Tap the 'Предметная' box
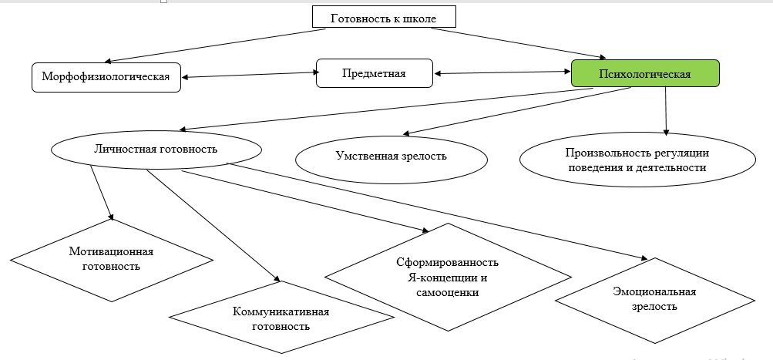point(373,74)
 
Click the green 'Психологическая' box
point(644,74)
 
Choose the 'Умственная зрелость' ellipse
point(392,156)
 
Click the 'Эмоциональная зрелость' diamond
point(646,299)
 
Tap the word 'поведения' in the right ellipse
point(593,167)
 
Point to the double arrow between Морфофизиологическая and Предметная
point(251,75)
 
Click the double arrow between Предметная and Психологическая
point(502,73)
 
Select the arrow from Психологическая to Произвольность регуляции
point(666,113)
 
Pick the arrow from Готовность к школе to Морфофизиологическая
point(208,45)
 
